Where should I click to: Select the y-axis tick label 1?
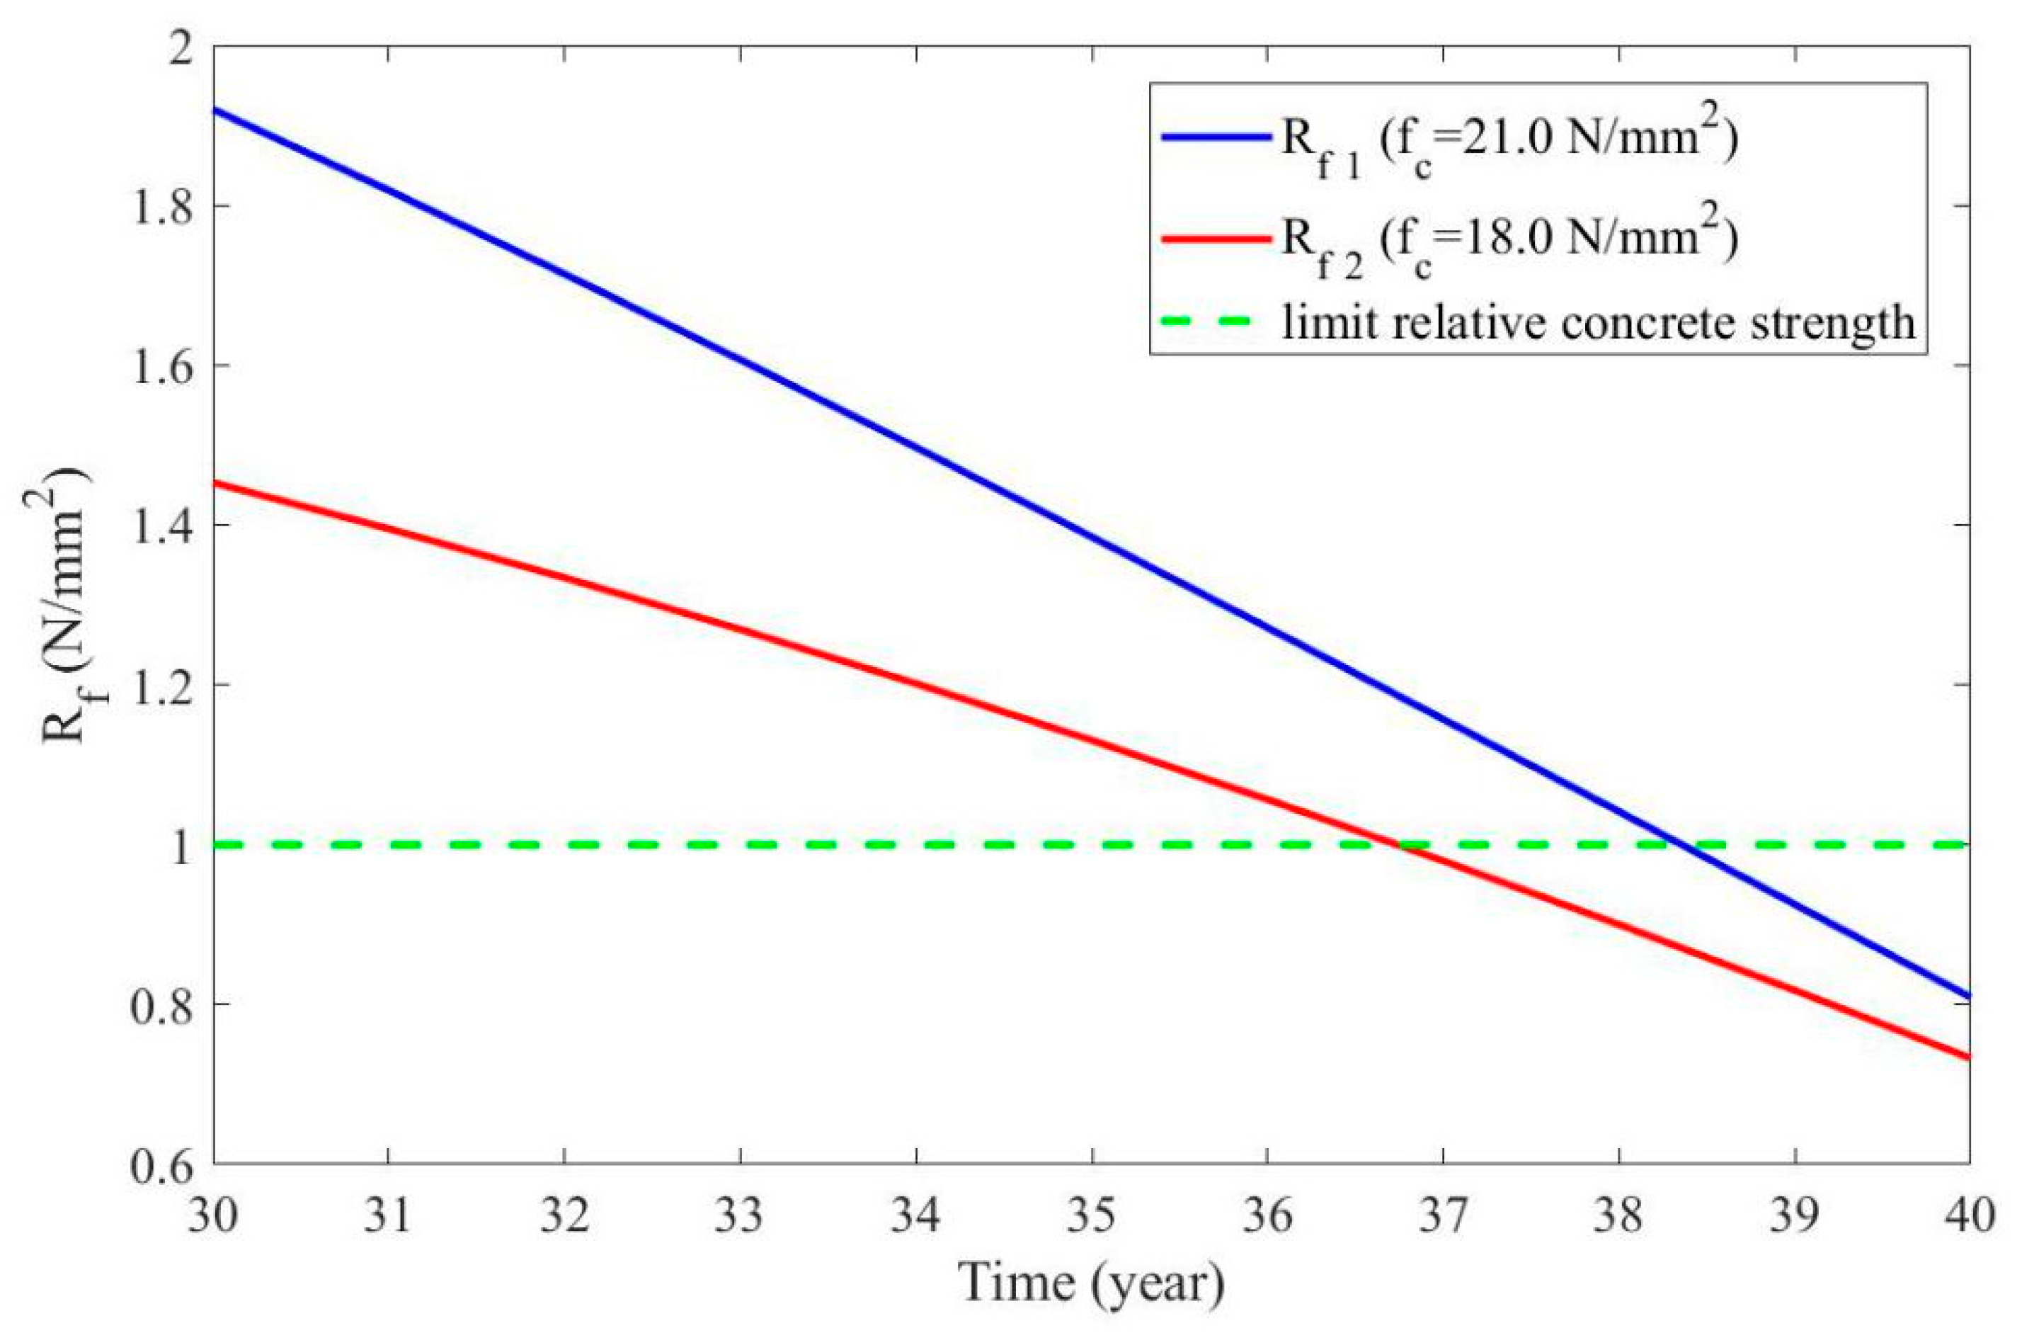coord(181,845)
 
